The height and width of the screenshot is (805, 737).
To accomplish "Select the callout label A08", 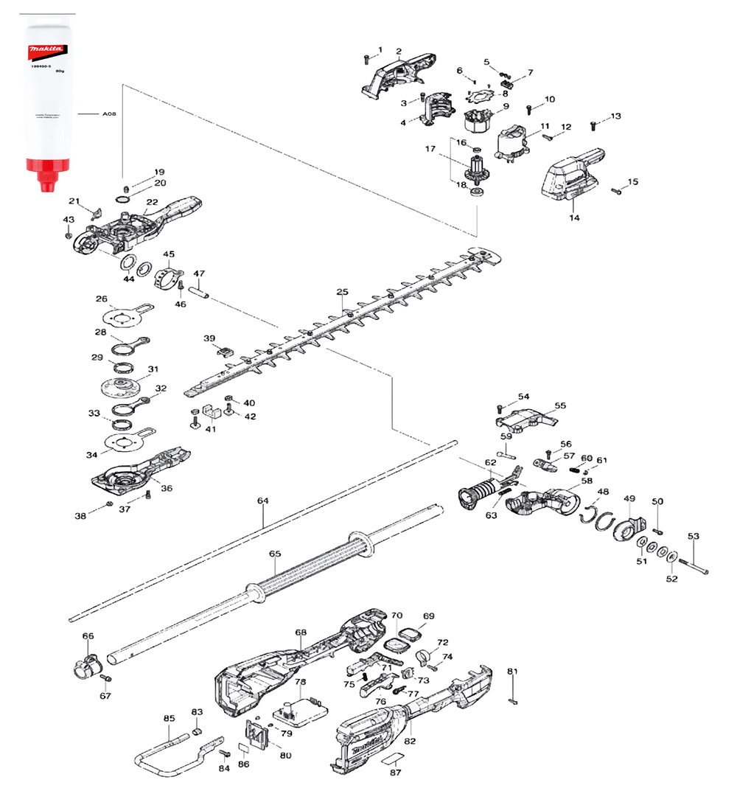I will [109, 114].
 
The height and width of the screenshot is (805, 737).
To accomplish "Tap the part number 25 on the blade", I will [342, 293].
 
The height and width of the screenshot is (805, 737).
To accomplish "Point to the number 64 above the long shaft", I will [262, 501].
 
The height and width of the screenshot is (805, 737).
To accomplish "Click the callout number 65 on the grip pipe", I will [275, 553].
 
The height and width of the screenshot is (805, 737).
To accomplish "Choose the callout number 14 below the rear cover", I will [575, 217].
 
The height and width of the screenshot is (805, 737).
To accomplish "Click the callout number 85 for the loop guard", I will [169, 718].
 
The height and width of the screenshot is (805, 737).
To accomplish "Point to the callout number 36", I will [167, 488].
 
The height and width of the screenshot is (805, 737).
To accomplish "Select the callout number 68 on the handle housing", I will [301, 632].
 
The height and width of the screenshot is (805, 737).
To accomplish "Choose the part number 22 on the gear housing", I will [152, 202].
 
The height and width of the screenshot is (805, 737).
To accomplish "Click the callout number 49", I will [629, 500].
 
